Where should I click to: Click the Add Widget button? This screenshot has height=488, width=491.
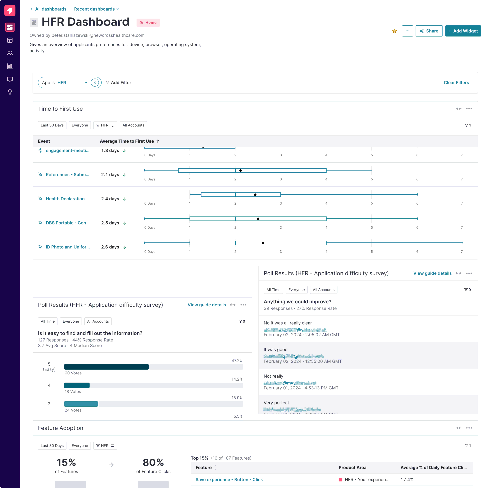(463, 31)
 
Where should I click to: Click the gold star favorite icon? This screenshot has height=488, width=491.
(394, 31)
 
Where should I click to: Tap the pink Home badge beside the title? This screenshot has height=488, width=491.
(148, 23)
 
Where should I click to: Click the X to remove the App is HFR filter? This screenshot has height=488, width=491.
(95, 83)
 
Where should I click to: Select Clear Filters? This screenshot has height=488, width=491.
(456, 83)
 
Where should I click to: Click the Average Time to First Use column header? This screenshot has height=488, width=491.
(127, 141)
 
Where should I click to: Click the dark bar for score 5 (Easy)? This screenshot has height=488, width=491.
(106, 367)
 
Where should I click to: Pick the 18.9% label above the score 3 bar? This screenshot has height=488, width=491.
(237, 398)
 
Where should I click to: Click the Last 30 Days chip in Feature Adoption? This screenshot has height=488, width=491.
(52, 446)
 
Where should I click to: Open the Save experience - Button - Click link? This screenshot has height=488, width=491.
(229, 479)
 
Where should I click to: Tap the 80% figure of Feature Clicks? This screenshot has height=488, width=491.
(153, 462)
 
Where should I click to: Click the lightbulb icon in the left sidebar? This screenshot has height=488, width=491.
(10, 92)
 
